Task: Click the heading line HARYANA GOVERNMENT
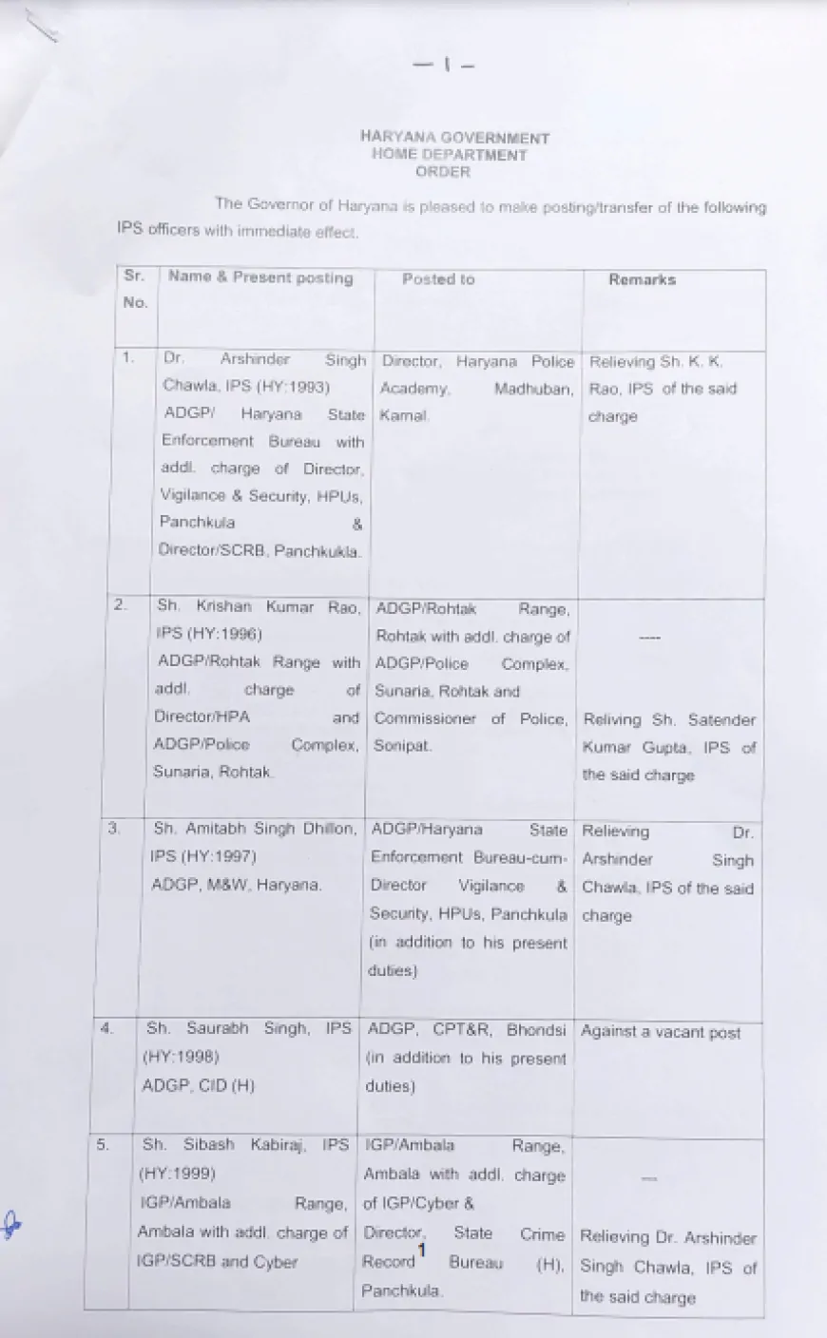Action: (x=454, y=138)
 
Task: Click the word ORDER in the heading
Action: (x=443, y=172)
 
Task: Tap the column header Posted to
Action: (x=437, y=279)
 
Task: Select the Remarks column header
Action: (x=643, y=279)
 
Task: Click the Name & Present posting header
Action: (x=260, y=277)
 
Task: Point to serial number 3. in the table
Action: (x=114, y=829)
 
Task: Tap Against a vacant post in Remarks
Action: (x=661, y=1032)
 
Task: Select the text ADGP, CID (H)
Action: (x=198, y=1085)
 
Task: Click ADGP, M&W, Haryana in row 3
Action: (x=236, y=884)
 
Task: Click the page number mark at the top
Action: (x=444, y=65)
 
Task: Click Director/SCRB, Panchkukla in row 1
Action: (x=260, y=551)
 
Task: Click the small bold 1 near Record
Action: (x=421, y=1250)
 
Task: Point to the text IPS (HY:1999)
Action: (x=177, y=1173)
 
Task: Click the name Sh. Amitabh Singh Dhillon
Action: (x=254, y=829)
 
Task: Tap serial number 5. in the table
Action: (x=104, y=1145)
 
